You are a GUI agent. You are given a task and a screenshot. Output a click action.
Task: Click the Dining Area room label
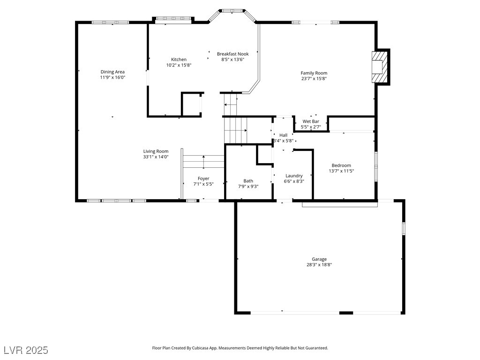(112, 72)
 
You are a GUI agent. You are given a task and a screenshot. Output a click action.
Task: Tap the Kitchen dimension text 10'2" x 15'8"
(179, 65)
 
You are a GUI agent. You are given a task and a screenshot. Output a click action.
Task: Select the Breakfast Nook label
(232, 54)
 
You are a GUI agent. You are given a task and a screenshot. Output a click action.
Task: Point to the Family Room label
(314, 73)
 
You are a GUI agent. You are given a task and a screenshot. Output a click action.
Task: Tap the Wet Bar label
(310, 121)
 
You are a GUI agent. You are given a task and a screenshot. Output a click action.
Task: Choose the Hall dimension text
(284, 141)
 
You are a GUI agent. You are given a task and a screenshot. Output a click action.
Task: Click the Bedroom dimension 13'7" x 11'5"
(341, 171)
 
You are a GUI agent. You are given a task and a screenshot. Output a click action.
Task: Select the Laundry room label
(294, 176)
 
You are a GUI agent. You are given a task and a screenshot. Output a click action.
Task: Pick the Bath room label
(248, 181)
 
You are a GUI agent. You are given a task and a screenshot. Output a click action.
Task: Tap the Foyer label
(203, 179)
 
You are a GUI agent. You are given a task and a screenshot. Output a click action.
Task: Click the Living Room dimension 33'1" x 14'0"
(156, 157)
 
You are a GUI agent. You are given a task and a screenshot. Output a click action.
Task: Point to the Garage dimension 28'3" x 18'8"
(319, 265)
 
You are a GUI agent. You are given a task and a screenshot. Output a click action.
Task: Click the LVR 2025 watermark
(26, 350)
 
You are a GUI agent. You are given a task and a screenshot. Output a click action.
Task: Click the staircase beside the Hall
(235, 130)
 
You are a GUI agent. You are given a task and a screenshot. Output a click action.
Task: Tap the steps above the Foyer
(203, 161)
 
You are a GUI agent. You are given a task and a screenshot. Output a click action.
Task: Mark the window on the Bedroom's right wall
(376, 166)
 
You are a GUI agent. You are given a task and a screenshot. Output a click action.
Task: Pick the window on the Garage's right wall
(403, 228)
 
